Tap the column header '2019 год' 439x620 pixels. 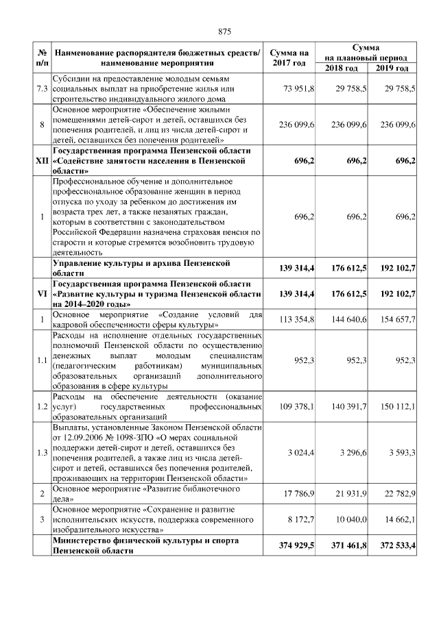pyautogui.click(x=392, y=69)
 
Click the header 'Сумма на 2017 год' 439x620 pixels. pyautogui.click(x=289, y=58)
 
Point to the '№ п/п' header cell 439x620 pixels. pyautogui.click(x=42, y=58)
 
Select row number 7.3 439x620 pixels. pyautogui.click(x=42, y=89)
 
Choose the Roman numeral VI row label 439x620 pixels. pyautogui.click(x=42, y=293)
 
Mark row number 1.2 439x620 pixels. pyautogui.click(x=42, y=406)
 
